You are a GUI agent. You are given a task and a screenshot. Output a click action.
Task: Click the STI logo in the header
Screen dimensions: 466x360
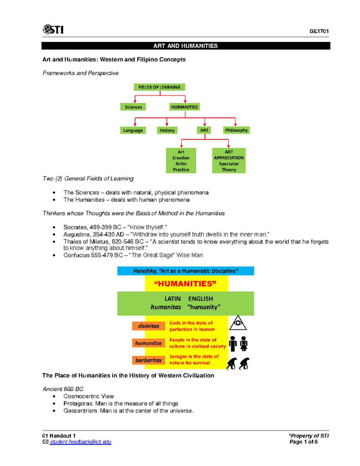point(53,29)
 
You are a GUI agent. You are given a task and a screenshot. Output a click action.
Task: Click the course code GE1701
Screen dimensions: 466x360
point(319,31)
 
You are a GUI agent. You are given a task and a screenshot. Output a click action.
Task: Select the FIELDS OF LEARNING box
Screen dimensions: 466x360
point(159,87)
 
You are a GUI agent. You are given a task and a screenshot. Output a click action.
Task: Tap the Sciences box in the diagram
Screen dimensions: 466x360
point(133,107)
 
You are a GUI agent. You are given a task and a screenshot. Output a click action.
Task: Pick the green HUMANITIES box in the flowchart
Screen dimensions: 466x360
point(184,107)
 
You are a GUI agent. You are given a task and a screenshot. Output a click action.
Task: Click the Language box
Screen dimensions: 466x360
point(133,130)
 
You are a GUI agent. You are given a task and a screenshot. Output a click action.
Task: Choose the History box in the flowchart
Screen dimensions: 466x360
point(167,130)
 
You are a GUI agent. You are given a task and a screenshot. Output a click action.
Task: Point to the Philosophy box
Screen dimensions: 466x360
point(236,130)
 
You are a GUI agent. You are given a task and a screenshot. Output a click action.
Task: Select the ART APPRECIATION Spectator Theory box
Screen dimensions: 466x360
point(229,161)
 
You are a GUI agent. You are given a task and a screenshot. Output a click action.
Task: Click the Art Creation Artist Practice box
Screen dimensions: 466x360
point(181,161)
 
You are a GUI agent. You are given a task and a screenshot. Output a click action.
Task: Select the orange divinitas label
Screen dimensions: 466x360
point(148,326)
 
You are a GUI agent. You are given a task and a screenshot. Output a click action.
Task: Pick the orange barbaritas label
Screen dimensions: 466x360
point(148,360)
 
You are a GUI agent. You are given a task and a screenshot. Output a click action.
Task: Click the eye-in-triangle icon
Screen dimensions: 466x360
point(238,323)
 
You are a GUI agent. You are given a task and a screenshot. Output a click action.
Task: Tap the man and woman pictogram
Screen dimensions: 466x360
point(238,344)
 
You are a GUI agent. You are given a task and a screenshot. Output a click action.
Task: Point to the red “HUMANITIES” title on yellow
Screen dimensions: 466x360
point(185,284)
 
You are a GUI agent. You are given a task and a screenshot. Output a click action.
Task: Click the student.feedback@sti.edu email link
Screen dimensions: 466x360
point(80,442)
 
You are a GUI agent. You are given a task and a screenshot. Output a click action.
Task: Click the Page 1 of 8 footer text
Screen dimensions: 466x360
point(304,442)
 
